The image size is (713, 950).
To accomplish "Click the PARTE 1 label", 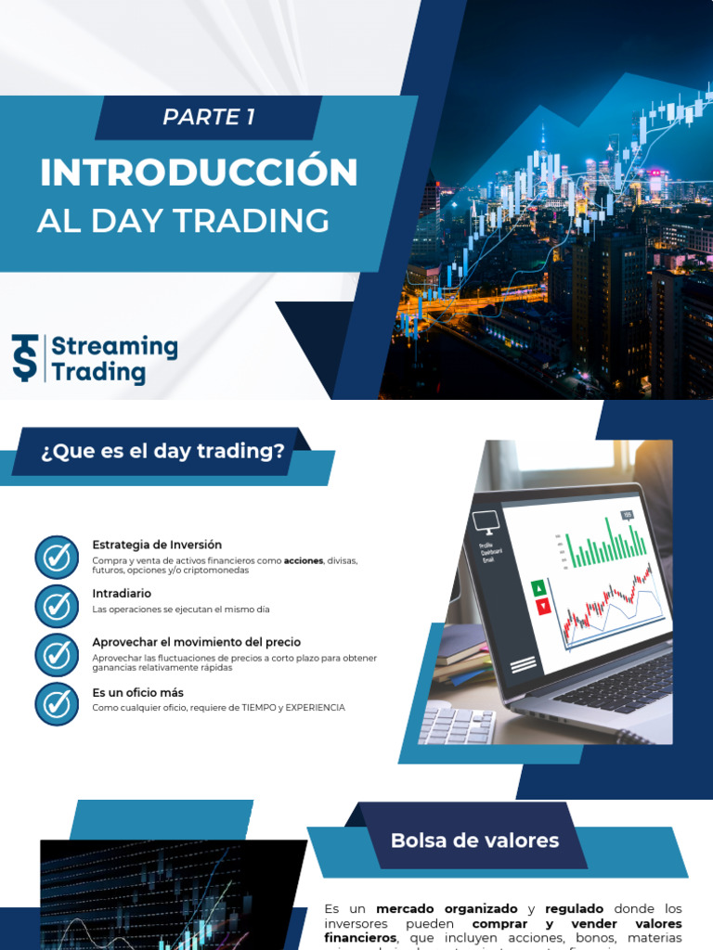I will pyautogui.click(x=208, y=117).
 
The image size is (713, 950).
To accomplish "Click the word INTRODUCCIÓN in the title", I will pyautogui.click(x=199, y=173).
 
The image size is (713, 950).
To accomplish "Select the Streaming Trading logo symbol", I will pyautogui.click(x=25, y=358).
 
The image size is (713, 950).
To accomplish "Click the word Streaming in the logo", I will pyautogui.click(x=114, y=347).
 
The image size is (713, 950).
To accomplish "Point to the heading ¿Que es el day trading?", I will pyautogui.click(x=162, y=452).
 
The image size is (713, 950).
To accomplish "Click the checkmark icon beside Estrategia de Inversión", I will pyautogui.click(x=57, y=557).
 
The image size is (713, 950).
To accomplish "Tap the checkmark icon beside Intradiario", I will pyautogui.click(x=57, y=606).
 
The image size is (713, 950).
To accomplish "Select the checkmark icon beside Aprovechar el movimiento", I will pyautogui.click(x=57, y=655).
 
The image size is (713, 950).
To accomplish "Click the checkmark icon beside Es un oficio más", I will pyautogui.click(x=57, y=704).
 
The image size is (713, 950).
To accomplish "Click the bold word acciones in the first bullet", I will pyautogui.click(x=304, y=561).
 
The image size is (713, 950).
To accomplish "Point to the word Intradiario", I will pyautogui.click(x=122, y=593).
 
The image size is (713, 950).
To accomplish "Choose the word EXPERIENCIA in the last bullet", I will pyautogui.click(x=315, y=708).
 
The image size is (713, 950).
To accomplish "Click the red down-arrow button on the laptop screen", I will pyautogui.click(x=542, y=606).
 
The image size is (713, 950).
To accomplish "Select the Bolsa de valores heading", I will pyautogui.click(x=474, y=841).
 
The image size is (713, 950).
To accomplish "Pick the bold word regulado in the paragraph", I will pyautogui.click(x=574, y=909).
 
